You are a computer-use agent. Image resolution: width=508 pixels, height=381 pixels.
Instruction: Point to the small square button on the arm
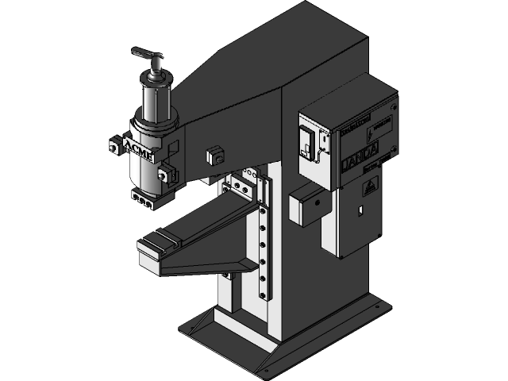pyautogui.click(x=212, y=154)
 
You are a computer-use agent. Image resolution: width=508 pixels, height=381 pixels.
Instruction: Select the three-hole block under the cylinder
pyautogui.click(x=141, y=202)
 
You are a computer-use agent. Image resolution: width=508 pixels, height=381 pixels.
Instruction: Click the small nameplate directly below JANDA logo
pyautogui.click(x=372, y=164)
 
